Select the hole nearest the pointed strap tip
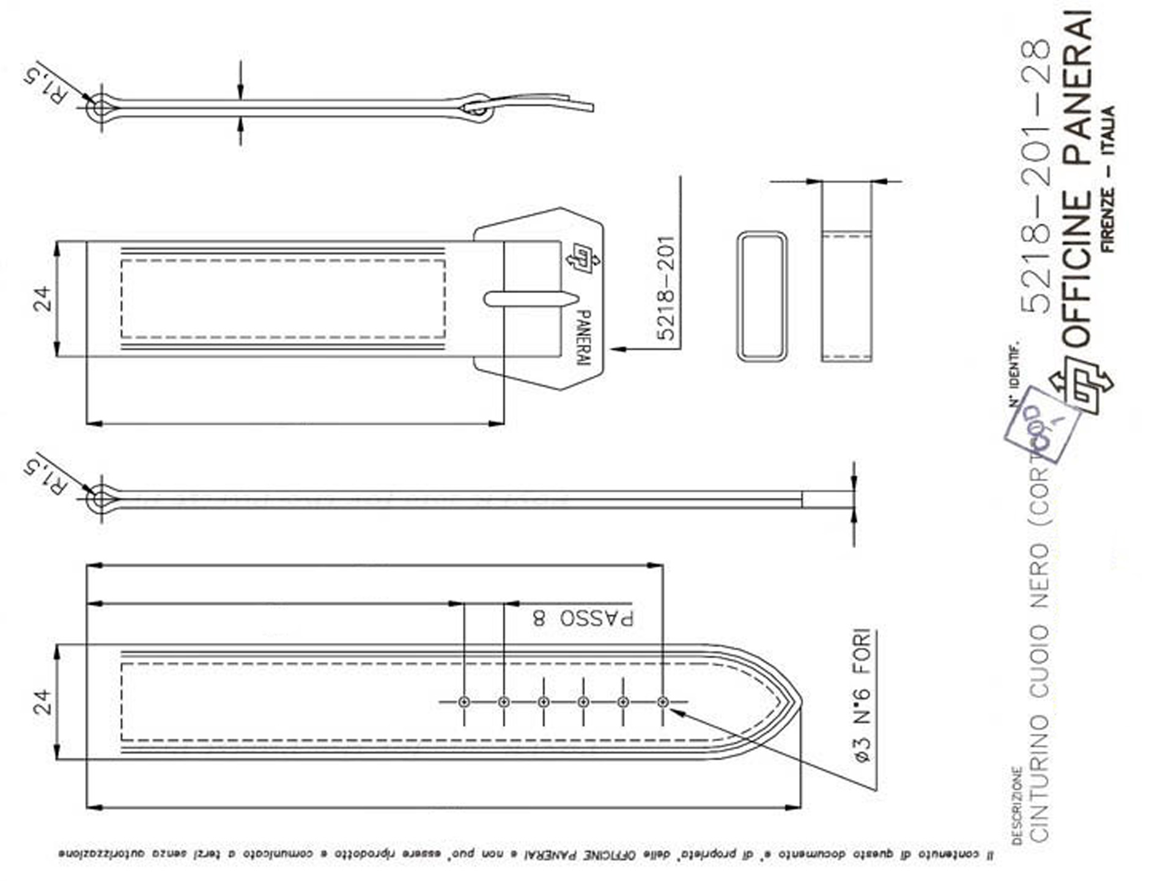pyautogui.click(x=663, y=702)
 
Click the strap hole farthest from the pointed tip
pyautogui.click(x=464, y=702)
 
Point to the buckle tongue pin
pyautogui.click(x=531, y=299)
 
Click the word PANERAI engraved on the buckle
pyautogui.click(x=583, y=338)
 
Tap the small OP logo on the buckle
pyautogui.click(x=583, y=258)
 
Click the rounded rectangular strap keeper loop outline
pyautogui.click(x=761, y=296)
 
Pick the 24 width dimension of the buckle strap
pyautogui.click(x=43, y=299)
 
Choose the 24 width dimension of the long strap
pyautogui.click(x=43, y=702)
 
